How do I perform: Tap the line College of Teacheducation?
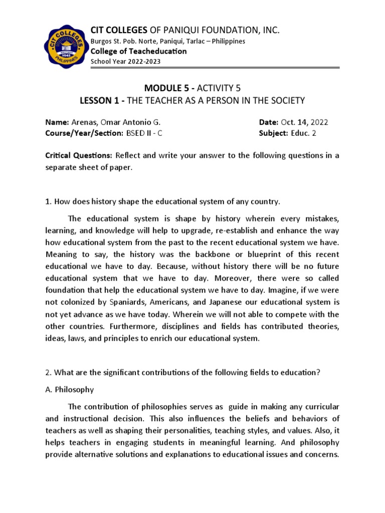[138, 51]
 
